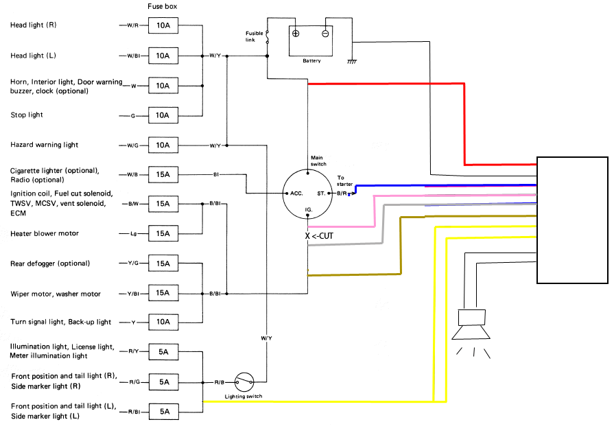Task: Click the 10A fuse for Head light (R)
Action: [163, 25]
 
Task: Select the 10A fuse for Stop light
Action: [163, 115]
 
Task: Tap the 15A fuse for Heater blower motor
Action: [163, 233]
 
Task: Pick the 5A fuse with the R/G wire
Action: [164, 382]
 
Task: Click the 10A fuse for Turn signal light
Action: [163, 322]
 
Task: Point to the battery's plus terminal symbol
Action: [296, 34]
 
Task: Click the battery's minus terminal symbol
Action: [325, 34]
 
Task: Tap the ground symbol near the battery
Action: [352, 62]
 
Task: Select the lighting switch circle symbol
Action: [244, 382]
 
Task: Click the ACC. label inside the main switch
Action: [296, 193]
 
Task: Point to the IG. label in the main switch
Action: [309, 210]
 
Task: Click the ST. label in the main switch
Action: [321, 193]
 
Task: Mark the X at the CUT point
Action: [307, 236]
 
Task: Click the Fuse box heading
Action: [162, 6]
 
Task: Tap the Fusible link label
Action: [254, 36]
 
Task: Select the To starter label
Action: [344, 180]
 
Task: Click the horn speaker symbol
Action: [471, 325]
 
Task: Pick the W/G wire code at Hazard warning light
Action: [132, 145]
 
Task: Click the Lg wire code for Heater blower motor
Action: [134, 234]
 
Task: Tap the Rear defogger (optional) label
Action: [50, 263]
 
